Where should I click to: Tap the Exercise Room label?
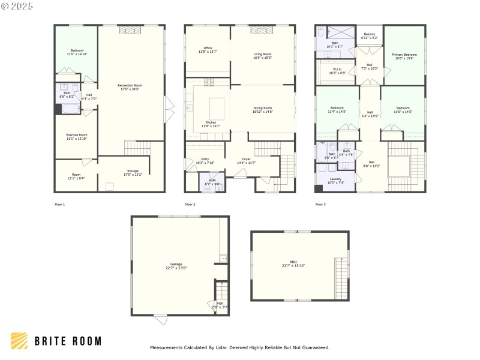point(77,135)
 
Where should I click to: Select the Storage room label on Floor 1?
point(133,172)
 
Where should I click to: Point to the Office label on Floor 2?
point(208,49)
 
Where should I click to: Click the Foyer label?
point(246,160)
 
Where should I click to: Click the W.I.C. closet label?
point(337,70)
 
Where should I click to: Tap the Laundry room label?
point(335,179)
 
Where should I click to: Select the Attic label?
point(298,262)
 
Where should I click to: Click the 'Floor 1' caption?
point(59,205)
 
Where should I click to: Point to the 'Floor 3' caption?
point(321,205)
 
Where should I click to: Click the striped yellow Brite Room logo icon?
point(19,341)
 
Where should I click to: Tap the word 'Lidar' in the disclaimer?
point(223,347)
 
